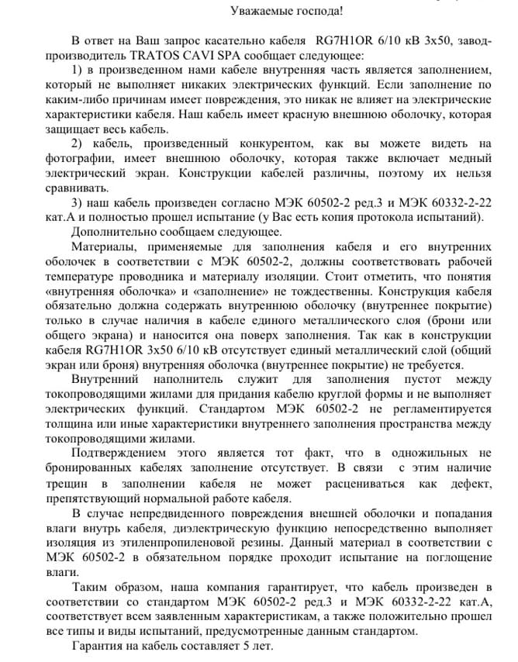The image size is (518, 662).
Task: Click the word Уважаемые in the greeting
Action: point(261,12)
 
